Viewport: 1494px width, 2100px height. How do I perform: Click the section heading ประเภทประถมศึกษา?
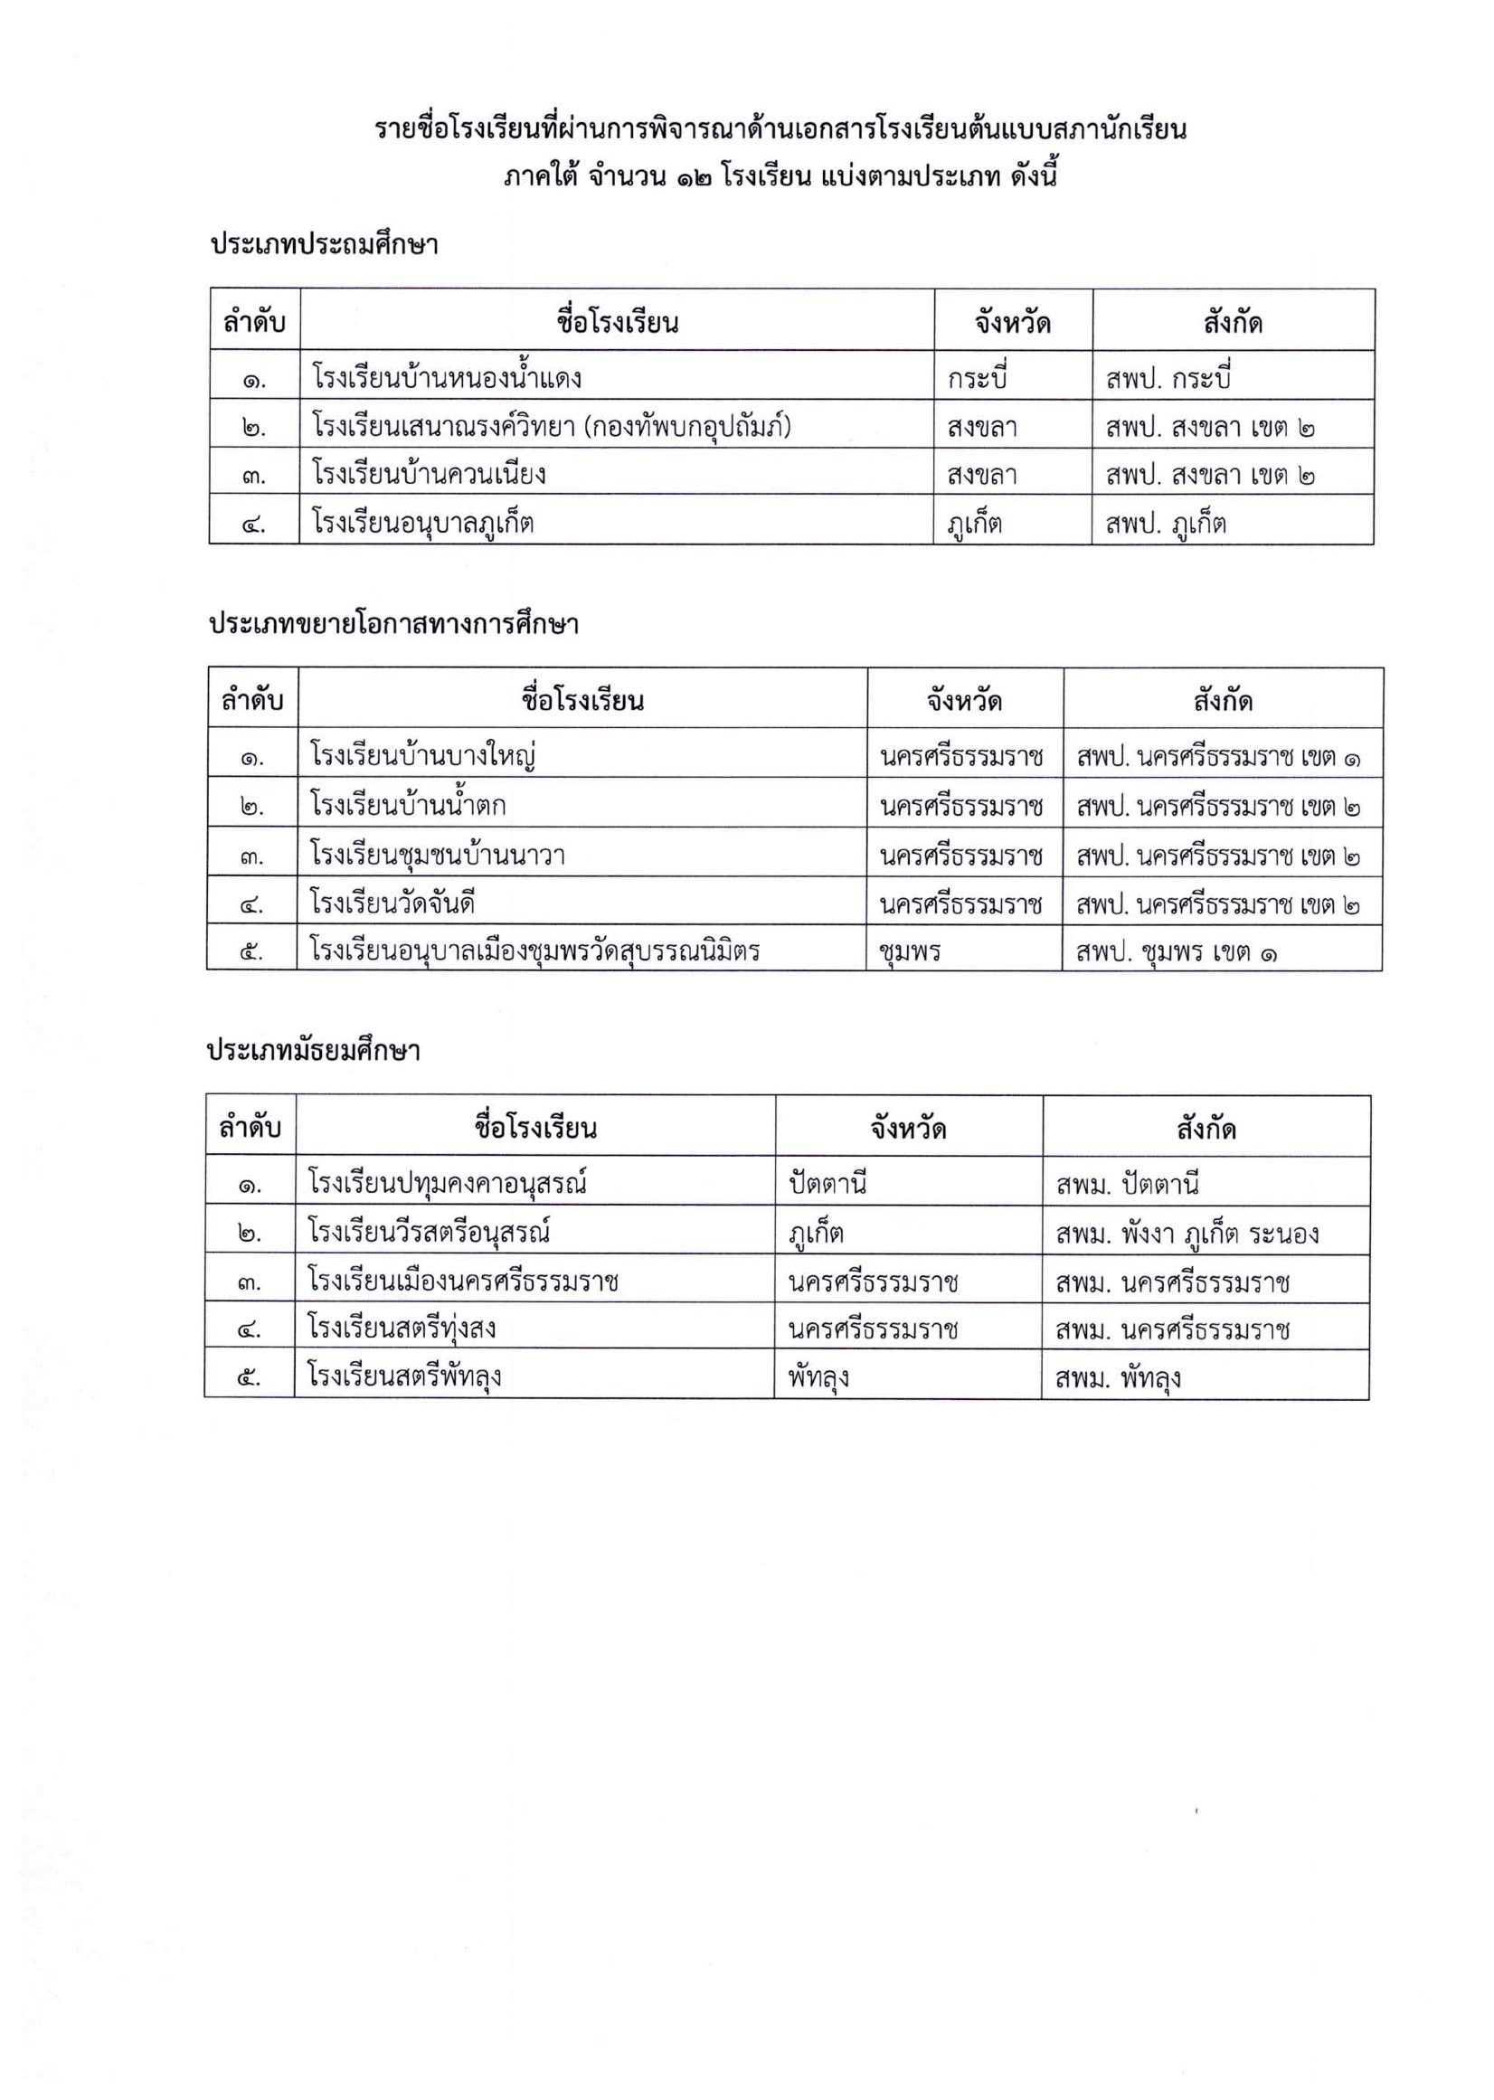[x=324, y=245]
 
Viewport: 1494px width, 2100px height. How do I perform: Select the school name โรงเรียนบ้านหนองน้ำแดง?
[x=446, y=377]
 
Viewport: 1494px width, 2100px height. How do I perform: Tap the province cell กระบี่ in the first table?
[x=978, y=377]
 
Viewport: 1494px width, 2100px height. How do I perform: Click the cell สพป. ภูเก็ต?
[x=1166, y=524]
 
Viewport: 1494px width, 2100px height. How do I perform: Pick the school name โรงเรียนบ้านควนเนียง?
[x=429, y=475]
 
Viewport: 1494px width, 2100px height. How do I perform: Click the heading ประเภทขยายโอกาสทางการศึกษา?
[x=393, y=625]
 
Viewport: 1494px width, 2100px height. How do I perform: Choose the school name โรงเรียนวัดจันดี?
[x=392, y=903]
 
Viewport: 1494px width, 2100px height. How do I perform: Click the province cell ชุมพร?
[x=910, y=951]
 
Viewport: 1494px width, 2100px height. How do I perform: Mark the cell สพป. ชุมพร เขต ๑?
[x=1177, y=952]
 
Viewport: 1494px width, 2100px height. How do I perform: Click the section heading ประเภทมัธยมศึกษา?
[x=313, y=1051]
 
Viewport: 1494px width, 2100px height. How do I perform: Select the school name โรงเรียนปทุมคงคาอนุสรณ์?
[x=447, y=1183]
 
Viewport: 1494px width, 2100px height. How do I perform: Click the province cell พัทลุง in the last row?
[x=818, y=1377]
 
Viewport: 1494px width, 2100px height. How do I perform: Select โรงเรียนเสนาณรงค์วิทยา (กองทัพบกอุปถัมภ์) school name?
[x=551, y=427]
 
